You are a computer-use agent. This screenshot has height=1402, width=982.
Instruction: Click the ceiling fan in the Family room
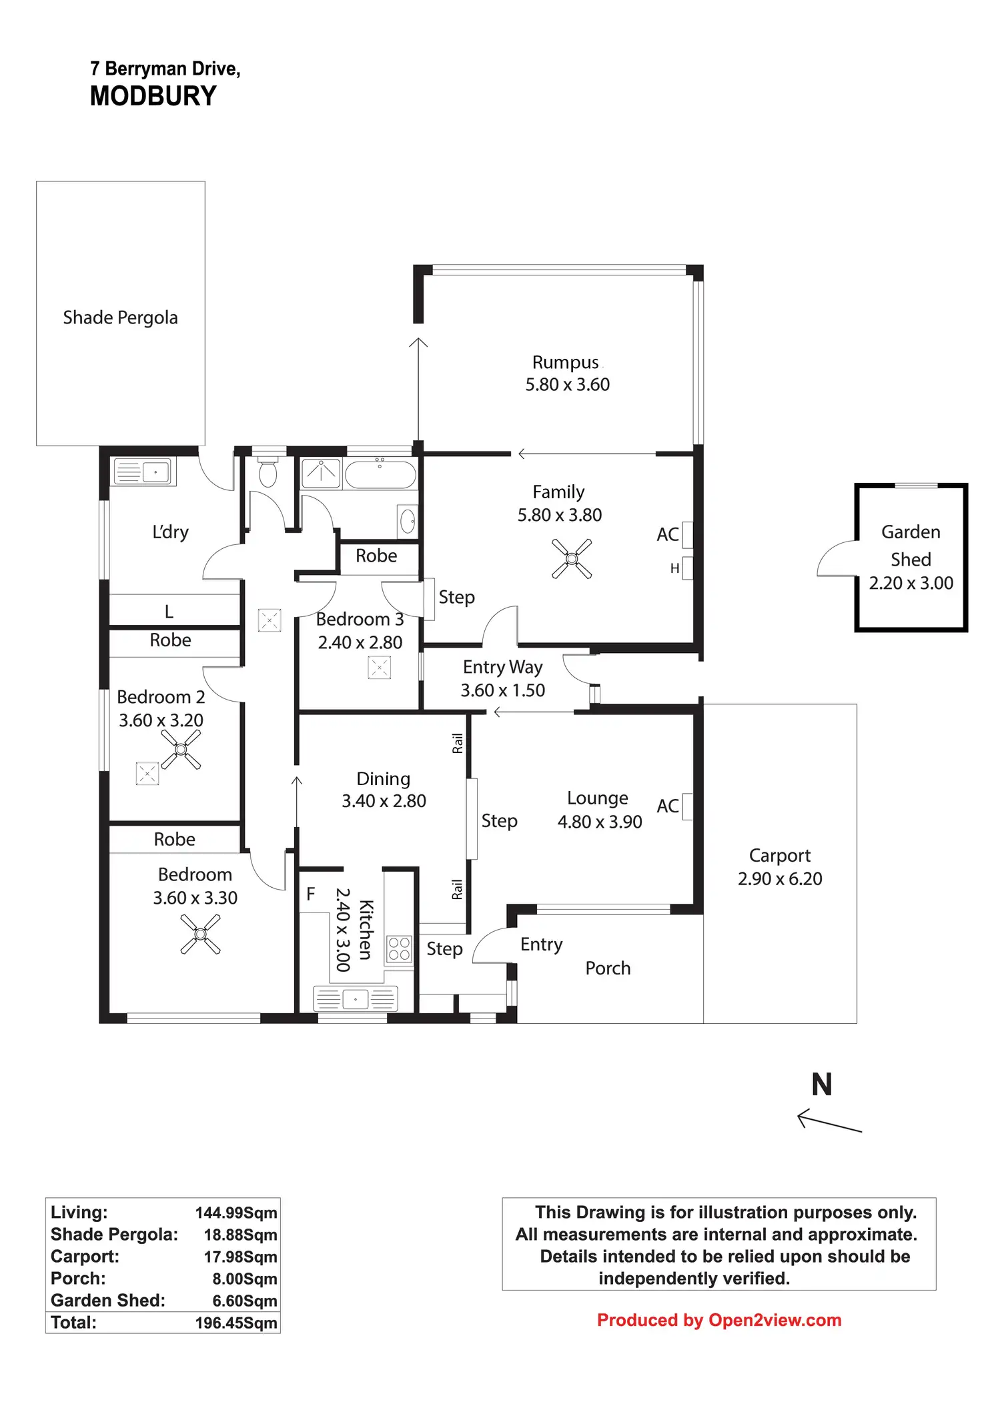click(x=572, y=558)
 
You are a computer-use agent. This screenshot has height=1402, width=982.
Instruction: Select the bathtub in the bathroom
click(x=380, y=474)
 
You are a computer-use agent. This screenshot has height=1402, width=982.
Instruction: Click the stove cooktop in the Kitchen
click(x=399, y=948)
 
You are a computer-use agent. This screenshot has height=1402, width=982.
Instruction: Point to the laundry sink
click(x=142, y=472)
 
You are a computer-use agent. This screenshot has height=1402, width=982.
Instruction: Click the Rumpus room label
click(x=566, y=362)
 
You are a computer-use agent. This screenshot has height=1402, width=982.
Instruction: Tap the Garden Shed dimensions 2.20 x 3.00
click(x=911, y=583)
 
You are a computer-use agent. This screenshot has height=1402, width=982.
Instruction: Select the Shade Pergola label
click(x=120, y=317)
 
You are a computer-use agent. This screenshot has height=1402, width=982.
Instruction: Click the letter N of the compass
click(x=822, y=1085)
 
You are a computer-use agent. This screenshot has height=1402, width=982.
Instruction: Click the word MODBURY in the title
click(x=153, y=96)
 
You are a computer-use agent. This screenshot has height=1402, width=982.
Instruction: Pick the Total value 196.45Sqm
click(x=236, y=1323)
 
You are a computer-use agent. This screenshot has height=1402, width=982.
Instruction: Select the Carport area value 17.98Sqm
click(x=240, y=1257)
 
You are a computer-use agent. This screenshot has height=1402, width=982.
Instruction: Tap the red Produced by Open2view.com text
click(x=719, y=1320)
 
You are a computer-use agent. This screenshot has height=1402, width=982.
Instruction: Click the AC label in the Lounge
click(x=668, y=806)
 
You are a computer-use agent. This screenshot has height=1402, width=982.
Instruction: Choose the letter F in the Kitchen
click(x=310, y=894)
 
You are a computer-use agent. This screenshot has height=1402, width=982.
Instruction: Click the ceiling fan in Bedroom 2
click(x=181, y=749)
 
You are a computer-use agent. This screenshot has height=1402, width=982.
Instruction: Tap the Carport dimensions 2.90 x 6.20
click(x=780, y=878)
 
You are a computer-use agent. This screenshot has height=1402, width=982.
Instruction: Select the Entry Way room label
click(x=502, y=667)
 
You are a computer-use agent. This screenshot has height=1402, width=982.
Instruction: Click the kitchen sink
click(x=356, y=998)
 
